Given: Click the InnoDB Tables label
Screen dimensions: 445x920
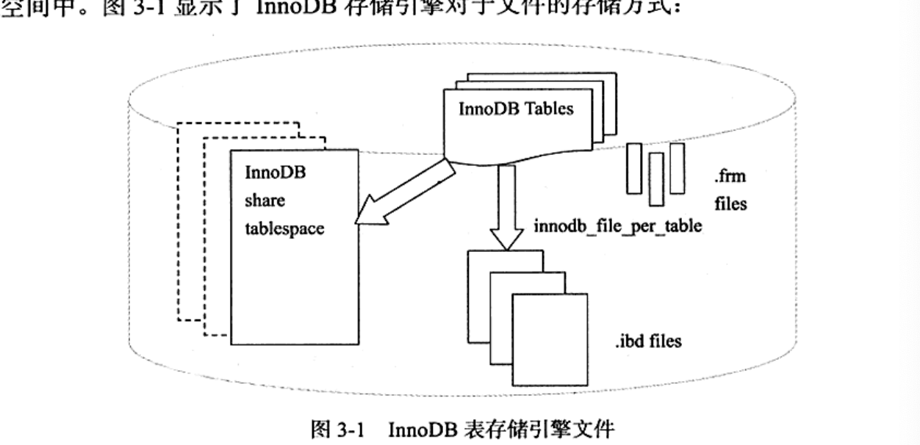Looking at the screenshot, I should point(516,109).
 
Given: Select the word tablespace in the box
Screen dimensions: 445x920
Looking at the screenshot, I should point(283,228).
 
